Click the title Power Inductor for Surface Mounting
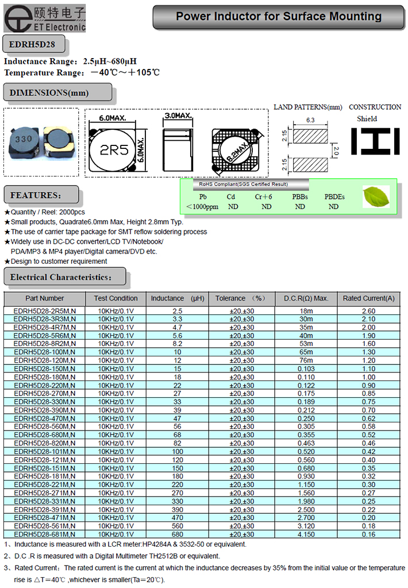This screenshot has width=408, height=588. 278,17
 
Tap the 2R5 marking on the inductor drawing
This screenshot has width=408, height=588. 114,151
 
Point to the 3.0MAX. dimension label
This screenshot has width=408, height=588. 178,116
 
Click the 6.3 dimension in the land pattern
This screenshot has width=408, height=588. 311,120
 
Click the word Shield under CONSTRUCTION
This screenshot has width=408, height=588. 367,119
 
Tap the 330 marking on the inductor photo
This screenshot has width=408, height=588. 23,139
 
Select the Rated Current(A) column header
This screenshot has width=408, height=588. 368,298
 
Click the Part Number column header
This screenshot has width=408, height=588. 45,298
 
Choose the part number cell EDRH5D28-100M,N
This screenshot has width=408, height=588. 45,352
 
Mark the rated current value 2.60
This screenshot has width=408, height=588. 368,311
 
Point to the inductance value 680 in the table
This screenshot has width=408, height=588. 177,534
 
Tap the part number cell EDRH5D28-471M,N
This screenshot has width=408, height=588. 45,517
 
